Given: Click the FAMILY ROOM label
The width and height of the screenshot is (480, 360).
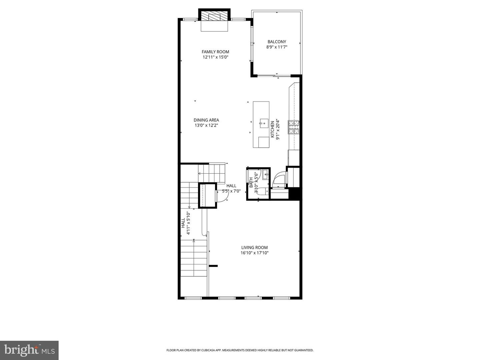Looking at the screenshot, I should point(215,52).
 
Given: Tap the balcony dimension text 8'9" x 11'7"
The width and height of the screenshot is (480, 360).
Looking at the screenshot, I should point(277,47).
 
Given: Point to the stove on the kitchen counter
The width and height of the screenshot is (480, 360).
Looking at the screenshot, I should point(294,127).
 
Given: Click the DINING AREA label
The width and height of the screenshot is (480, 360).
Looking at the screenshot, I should point(206,120).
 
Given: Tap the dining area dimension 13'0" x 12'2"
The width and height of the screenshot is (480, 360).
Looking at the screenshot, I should point(206,125).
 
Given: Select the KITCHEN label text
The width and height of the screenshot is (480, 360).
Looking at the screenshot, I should point(272,129).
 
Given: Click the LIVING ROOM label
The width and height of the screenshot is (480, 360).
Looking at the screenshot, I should point(254,247).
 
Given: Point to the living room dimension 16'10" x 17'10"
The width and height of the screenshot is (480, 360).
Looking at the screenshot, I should point(254,253).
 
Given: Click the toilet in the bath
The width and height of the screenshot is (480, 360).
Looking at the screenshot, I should point(263,191).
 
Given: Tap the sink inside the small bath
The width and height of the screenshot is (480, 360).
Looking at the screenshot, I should point(266,174).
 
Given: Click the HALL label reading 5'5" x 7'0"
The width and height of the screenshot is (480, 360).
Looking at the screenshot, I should point(231,186).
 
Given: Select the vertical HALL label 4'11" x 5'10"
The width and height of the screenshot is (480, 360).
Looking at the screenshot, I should point(183,223).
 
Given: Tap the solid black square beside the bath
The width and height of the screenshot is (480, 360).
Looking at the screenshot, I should point(294,194).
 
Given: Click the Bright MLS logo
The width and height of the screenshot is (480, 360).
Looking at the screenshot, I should point(29,350).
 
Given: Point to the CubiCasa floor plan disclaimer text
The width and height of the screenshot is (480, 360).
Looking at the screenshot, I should point(240,350).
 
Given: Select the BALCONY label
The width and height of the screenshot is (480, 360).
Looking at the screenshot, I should point(277,42).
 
